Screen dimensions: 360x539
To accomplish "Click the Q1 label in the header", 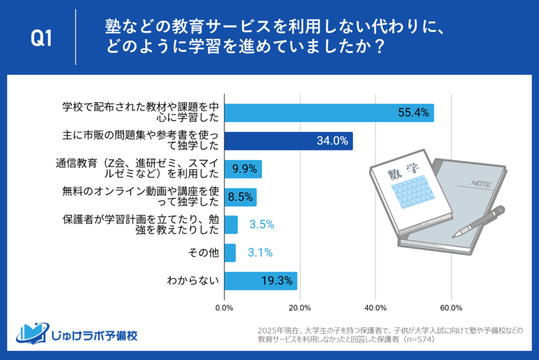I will [42, 38].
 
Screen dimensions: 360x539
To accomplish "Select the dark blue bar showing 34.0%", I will [288, 141].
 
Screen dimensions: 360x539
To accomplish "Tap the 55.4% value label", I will [415, 112].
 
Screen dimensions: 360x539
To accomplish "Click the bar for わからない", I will [261, 281].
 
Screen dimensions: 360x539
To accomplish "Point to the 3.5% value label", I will [262, 225].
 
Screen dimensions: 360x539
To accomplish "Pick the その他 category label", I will [203, 253].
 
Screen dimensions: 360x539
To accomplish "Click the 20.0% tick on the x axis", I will [300, 307].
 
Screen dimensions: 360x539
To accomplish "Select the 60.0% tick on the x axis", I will [451, 307].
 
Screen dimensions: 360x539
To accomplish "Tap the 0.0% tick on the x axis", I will [225, 307].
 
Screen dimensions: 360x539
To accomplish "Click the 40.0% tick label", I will [375, 307].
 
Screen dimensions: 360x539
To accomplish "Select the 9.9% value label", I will [244, 169].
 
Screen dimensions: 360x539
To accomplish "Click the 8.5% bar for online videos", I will [241, 197].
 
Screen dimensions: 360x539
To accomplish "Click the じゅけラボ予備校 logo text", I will [95, 335].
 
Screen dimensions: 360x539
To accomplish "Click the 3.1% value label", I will [260, 253].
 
